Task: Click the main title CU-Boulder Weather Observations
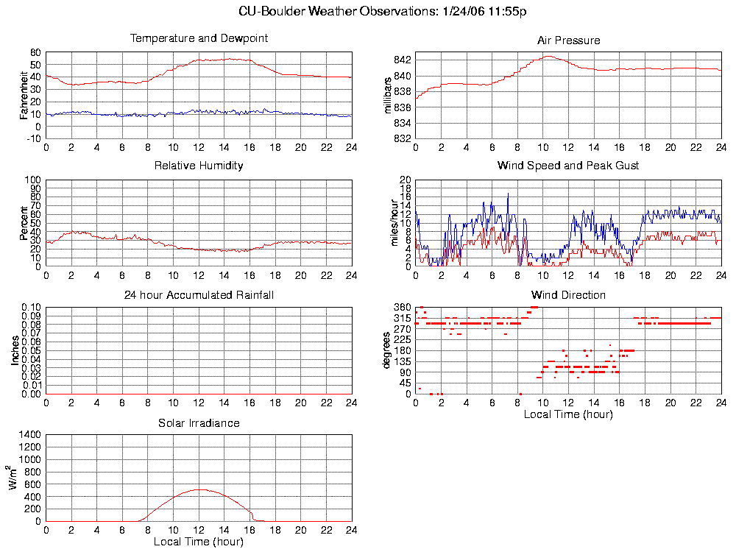tap(383, 11)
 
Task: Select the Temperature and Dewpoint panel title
tap(199, 38)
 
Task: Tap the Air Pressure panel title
tap(568, 40)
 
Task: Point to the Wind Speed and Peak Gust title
tap(568, 166)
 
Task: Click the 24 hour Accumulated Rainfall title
tap(199, 295)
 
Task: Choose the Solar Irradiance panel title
tap(199, 423)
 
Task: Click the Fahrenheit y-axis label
tap(24, 95)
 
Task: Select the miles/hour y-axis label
tap(394, 223)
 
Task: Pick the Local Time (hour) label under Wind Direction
tap(568, 414)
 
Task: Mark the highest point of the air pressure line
tap(548, 56)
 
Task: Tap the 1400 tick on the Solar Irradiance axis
tap(30, 435)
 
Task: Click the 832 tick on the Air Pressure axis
tap(401, 138)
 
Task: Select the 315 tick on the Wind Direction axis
tap(401, 318)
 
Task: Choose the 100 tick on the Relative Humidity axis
tap(32, 180)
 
